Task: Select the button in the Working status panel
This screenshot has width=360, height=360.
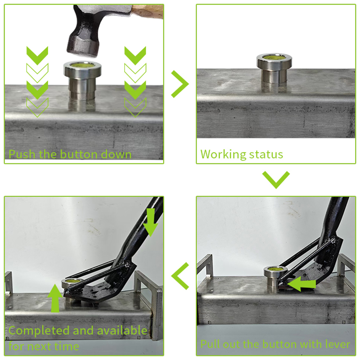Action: pos(274,70)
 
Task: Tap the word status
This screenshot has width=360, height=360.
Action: pos(266,154)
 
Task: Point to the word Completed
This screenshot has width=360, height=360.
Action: pos(39,331)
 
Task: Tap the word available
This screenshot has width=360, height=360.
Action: pos(122,330)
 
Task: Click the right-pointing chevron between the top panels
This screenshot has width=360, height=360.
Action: pos(180,84)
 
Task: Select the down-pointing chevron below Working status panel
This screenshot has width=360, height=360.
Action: pos(276,180)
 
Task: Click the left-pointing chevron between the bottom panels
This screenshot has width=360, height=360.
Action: pos(180,276)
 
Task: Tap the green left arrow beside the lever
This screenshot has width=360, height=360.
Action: pos(301,284)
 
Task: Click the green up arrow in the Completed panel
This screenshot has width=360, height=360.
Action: pos(55,298)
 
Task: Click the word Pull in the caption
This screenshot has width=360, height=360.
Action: pos(211,344)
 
